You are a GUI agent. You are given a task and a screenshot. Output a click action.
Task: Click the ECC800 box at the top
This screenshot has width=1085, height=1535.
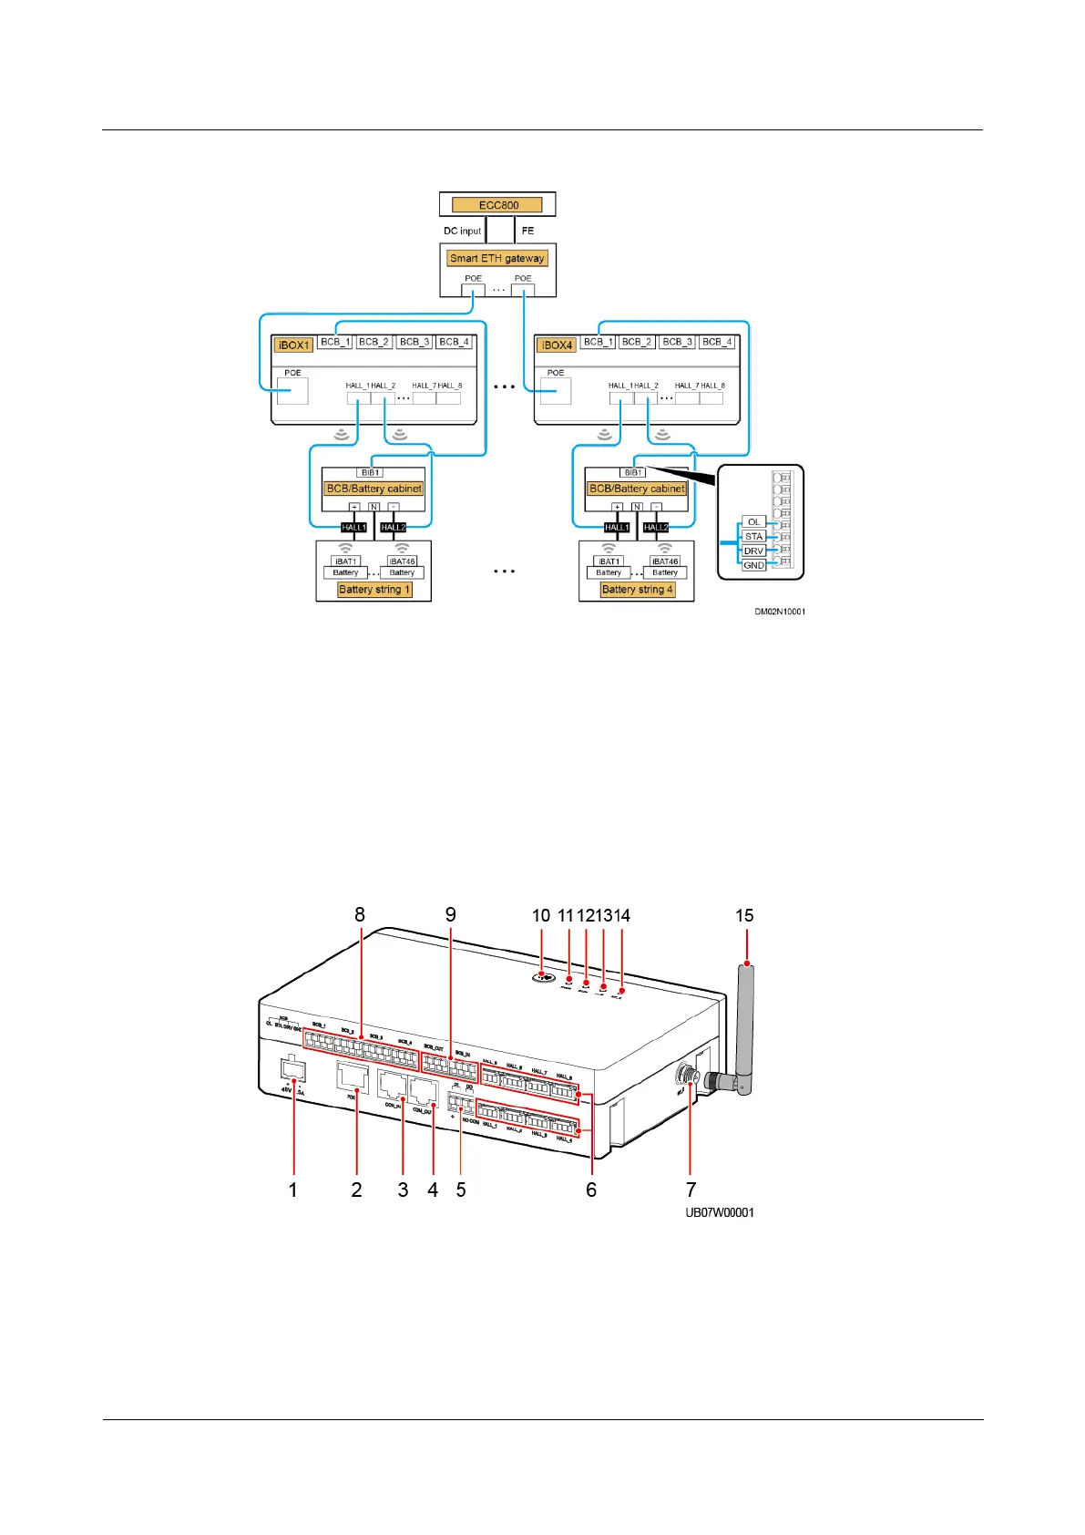point(497,205)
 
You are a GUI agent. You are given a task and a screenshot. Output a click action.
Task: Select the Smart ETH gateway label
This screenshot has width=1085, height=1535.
point(497,258)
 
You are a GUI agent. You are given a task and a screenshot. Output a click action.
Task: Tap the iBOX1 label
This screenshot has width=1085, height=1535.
point(293,345)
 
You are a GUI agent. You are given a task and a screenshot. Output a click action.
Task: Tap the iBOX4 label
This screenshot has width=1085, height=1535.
point(557,345)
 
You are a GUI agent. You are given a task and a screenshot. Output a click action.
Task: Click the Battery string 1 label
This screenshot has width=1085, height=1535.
point(374,590)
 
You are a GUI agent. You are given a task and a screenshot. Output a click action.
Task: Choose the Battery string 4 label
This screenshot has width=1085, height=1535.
point(638,590)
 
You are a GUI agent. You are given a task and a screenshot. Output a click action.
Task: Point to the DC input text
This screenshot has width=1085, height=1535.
point(462,232)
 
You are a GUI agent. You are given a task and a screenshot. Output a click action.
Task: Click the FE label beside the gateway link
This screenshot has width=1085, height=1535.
point(527,232)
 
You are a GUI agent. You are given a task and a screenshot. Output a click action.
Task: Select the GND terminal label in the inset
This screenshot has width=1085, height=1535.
point(753,565)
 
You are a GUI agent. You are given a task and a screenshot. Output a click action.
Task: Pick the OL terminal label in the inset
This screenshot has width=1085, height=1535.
point(753,522)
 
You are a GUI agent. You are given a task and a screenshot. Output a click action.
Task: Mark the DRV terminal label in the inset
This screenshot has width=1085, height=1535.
point(753,551)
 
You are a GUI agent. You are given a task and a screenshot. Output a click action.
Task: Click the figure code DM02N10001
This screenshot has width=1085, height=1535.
point(780,612)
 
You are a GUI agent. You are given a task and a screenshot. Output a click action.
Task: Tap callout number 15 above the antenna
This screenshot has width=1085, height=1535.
point(744,915)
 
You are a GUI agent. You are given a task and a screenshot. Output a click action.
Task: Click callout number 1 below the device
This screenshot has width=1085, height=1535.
point(292,1190)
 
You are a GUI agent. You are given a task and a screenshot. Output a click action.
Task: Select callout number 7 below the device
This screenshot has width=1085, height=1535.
point(691,1190)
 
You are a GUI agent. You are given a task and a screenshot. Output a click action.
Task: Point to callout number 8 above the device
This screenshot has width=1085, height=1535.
point(360,914)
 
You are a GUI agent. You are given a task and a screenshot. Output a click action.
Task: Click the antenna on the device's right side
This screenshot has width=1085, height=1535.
point(744,1021)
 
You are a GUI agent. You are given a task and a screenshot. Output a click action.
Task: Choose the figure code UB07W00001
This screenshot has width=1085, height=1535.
point(720,1212)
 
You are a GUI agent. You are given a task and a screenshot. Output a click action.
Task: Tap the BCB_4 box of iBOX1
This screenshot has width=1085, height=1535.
point(454,342)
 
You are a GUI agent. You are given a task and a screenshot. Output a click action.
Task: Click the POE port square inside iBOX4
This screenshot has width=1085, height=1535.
point(556,391)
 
